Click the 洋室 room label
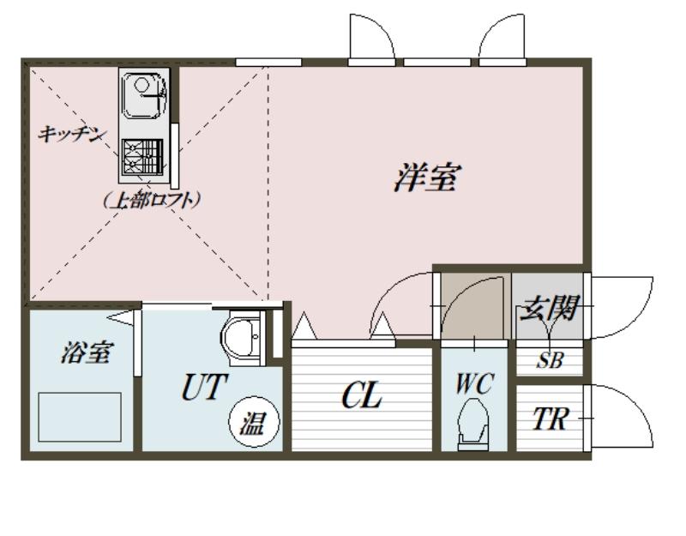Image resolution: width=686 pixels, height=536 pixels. (426, 178)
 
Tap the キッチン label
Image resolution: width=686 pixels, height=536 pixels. (72, 134)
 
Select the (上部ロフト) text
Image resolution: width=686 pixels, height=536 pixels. (152, 200)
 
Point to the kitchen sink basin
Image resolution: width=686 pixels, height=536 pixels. (142, 95)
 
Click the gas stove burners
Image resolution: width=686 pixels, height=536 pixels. (142, 157)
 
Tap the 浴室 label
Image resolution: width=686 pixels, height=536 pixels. (87, 352)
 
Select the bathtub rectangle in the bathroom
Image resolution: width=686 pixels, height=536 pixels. (80, 417)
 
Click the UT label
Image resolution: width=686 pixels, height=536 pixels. (204, 387)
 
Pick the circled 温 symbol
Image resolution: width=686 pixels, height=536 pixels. (254, 422)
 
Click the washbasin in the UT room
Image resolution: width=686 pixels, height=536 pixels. (242, 337)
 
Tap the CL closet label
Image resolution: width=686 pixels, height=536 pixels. (361, 395)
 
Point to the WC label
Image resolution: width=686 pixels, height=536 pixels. (475, 382)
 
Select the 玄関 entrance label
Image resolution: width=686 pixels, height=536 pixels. (549, 308)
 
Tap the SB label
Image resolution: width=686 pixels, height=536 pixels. (550, 360)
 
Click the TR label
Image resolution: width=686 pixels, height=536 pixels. (550, 419)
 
